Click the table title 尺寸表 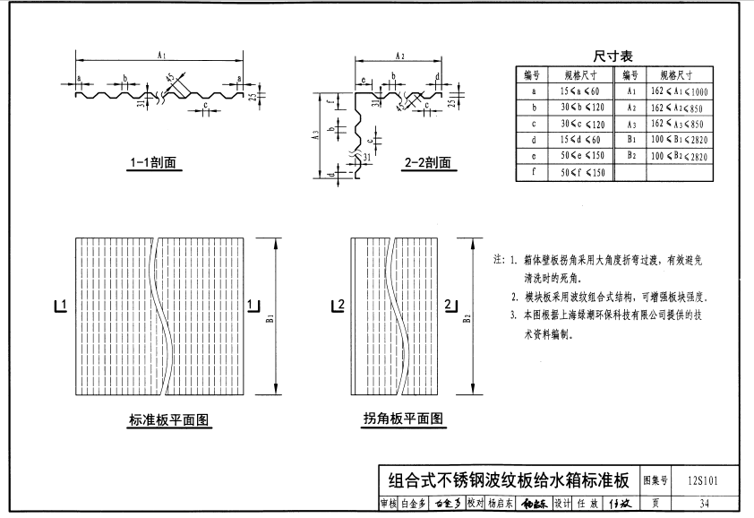(x=613, y=56)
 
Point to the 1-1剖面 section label (x=152, y=163)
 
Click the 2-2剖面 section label (x=427, y=163)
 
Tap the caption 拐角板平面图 (x=403, y=419)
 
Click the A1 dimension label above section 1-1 (x=162, y=56)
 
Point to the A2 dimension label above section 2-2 (x=399, y=56)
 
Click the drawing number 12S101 (x=704, y=480)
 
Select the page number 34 (x=704, y=504)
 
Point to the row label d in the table (x=534, y=140)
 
